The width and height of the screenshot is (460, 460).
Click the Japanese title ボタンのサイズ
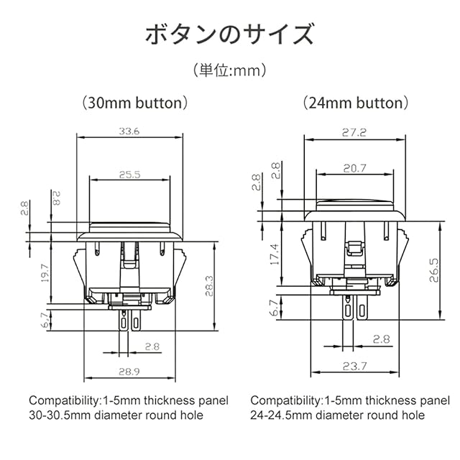tap(230, 35)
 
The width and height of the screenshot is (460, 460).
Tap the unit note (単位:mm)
tap(230, 70)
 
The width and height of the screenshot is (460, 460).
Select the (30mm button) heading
tap(134, 103)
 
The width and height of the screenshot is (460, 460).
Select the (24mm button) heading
tap(356, 103)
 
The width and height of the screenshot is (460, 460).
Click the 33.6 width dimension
tap(129, 131)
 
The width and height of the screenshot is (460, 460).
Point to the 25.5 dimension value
tap(130, 175)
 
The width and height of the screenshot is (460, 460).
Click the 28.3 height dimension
tap(209, 286)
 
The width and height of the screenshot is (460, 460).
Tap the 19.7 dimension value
tap(45, 273)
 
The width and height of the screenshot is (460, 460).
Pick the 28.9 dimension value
tap(129, 372)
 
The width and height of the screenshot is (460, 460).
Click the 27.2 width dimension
tap(354, 133)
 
